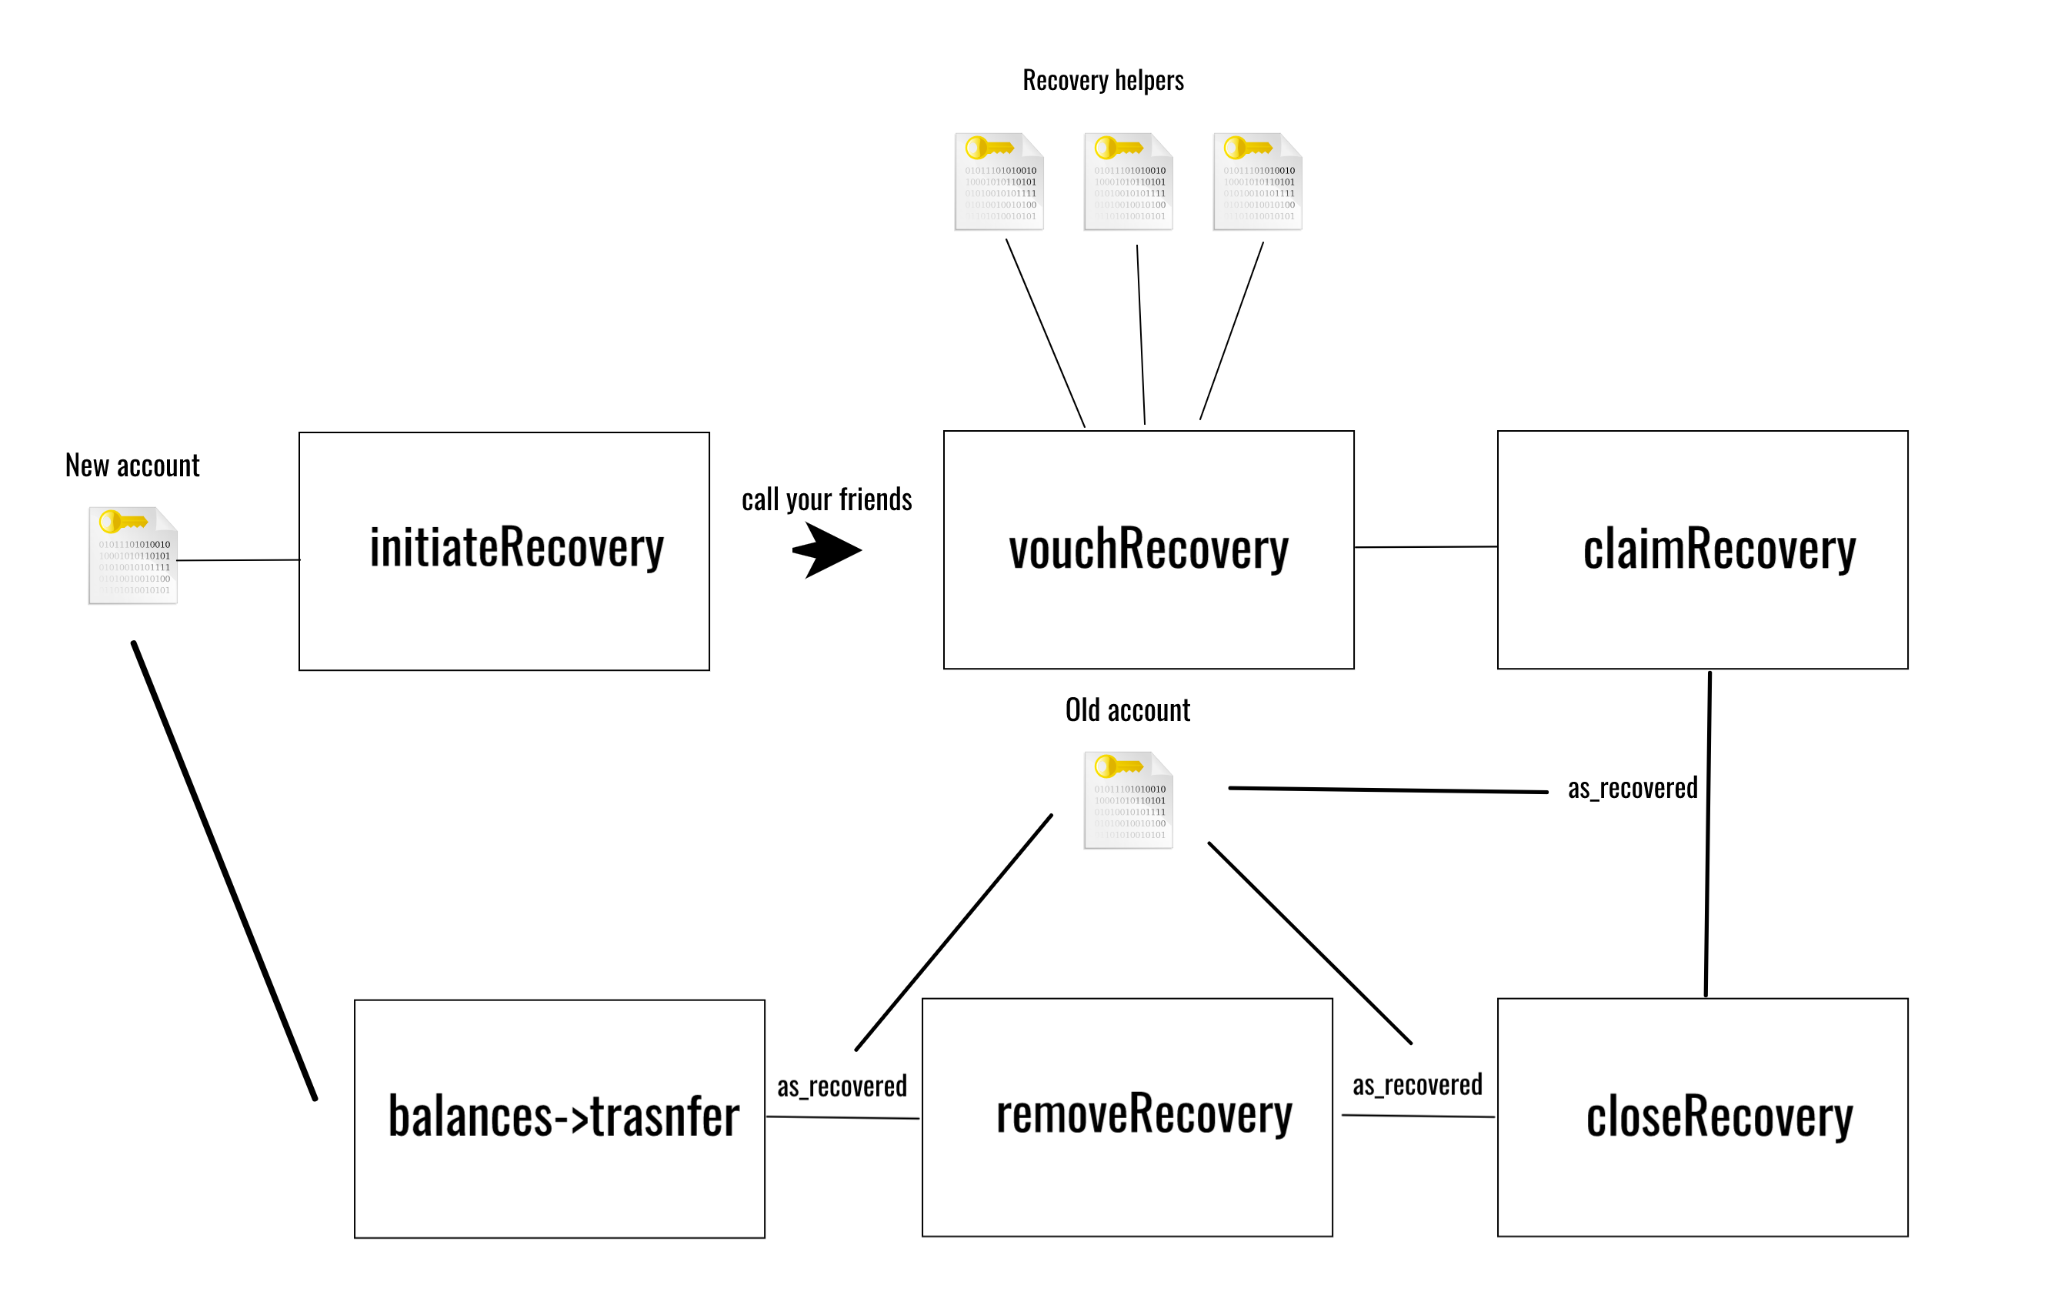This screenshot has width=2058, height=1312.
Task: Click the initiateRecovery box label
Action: (516, 549)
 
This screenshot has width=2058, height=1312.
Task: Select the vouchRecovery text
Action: (1148, 549)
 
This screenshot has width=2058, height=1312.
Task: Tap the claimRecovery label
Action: (1719, 549)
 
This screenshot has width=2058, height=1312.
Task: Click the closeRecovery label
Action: (1719, 1117)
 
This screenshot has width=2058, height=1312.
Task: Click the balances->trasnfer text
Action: (563, 1117)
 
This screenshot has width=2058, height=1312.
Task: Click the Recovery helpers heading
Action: (1102, 80)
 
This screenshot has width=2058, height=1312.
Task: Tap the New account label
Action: (132, 466)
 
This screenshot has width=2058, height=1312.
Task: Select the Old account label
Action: (1127, 710)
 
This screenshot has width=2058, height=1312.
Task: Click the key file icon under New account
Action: (133, 556)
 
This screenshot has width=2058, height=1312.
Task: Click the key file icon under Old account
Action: (1128, 800)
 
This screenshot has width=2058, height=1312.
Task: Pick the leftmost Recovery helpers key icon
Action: (999, 181)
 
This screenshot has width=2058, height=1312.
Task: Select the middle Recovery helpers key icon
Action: (1128, 181)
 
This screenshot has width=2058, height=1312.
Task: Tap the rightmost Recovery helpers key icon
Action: (1257, 181)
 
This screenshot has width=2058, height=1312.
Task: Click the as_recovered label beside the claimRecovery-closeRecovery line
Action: (1633, 788)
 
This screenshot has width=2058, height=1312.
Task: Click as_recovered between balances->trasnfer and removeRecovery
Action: (842, 1087)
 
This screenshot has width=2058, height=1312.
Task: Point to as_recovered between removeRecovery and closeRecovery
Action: (1417, 1085)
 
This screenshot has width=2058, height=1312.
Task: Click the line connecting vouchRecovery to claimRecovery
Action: (1426, 547)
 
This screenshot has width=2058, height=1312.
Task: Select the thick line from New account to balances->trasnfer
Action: (224, 870)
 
